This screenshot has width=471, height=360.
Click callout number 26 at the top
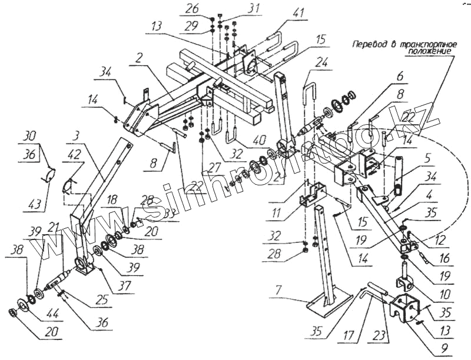(193, 9)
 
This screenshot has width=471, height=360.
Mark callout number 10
(445, 293)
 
